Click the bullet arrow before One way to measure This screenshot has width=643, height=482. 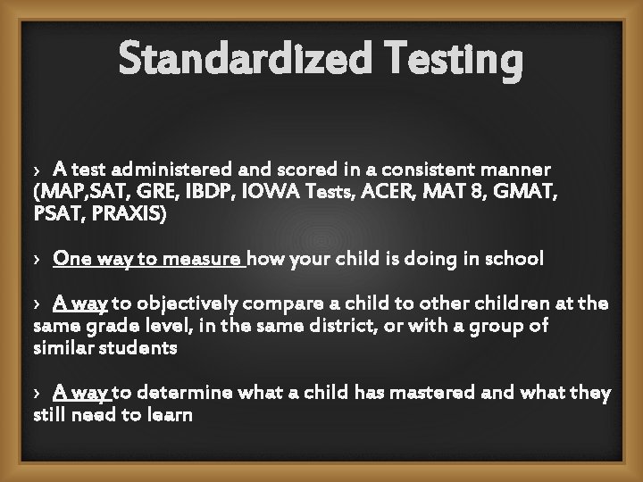(x=36, y=260)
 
